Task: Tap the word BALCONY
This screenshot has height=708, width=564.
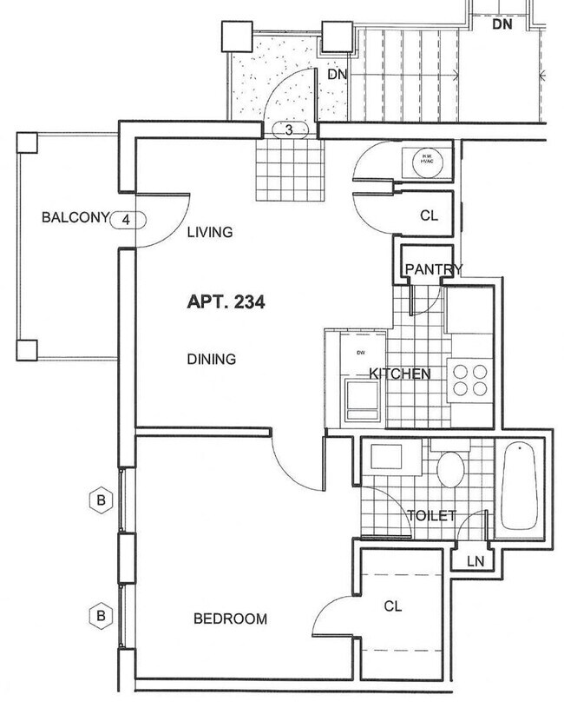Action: [73, 218]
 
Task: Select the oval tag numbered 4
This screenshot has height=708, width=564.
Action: [127, 219]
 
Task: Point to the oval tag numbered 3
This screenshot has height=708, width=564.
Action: [290, 130]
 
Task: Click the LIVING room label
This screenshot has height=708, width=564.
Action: [211, 232]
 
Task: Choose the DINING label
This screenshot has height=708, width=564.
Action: [211, 359]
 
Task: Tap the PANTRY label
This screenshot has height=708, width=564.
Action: [433, 269]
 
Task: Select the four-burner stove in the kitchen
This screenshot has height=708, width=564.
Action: [469, 378]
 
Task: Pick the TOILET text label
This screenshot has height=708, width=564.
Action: [431, 516]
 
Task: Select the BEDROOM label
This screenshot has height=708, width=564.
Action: [230, 619]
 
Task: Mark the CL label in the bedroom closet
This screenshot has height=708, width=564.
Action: [393, 605]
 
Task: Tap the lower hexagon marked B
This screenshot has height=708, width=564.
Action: [102, 615]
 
